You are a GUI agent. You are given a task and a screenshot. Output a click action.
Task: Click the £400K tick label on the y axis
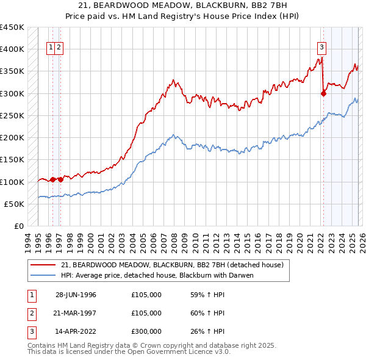pyautogui.click(x=12, y=49)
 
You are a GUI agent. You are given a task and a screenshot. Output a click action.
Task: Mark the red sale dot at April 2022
pyautogui.click(x=323, y=93)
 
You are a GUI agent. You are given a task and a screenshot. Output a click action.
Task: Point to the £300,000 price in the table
pyautogui.click(x=146, y=331)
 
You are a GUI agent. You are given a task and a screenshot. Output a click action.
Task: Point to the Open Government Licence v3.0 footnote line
pyautogui.click(x=129, y=352)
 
